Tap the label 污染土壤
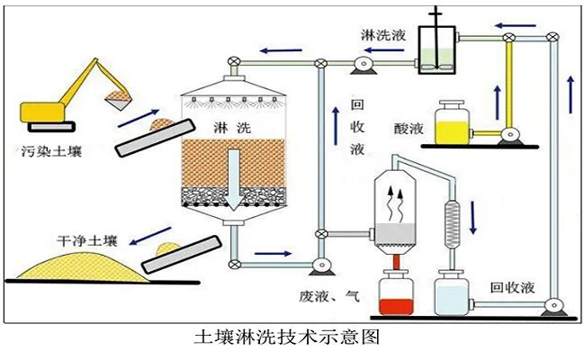(x=51, y=151)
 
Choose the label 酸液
(x=405, y=128)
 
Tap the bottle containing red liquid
(x=393, y=295)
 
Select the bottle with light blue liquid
(x=452, y=295)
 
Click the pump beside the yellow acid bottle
(x=510, y=135)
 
